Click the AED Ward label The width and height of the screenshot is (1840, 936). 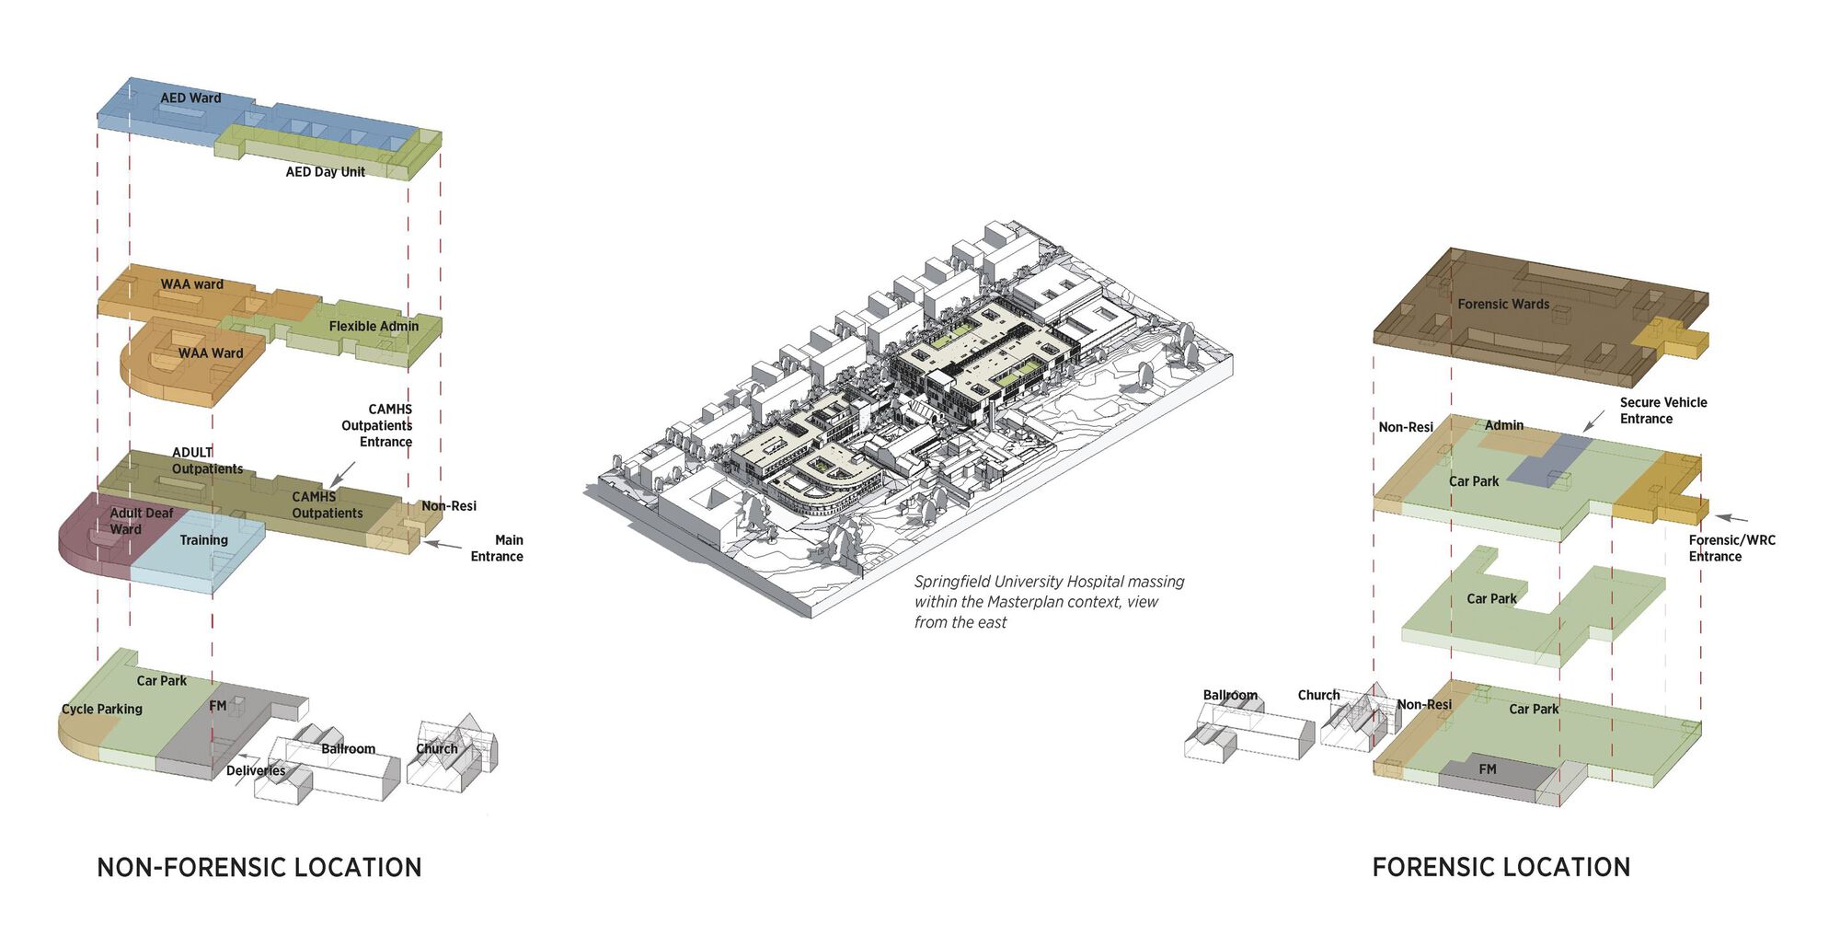pos(190,98)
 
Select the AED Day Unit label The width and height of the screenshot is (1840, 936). pos(325,172)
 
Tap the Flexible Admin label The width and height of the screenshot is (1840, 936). pos(374,326)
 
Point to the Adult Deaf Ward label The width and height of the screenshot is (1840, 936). pos(141,521)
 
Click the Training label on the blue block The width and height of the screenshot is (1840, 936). pos(203,540)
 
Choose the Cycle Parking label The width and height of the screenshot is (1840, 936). pos(101,709)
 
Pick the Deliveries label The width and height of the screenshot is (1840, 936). pos(256,770)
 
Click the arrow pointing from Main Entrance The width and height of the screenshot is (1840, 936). pos(443,545)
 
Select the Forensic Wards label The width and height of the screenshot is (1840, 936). pos(1503,304)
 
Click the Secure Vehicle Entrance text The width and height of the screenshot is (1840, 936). pos(1662,410)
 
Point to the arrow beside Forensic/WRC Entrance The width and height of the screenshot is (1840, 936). pos(1731,519)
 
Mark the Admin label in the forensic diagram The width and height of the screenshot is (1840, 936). pos(1504,425)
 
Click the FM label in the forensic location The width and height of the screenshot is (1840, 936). pos(1488,769)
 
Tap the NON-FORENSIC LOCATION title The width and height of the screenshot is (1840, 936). pos(259,867)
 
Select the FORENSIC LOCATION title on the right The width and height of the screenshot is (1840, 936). pos(1501,867)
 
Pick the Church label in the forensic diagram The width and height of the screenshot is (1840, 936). pos(1318,695)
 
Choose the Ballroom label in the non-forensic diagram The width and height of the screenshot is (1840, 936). pos(348,748)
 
